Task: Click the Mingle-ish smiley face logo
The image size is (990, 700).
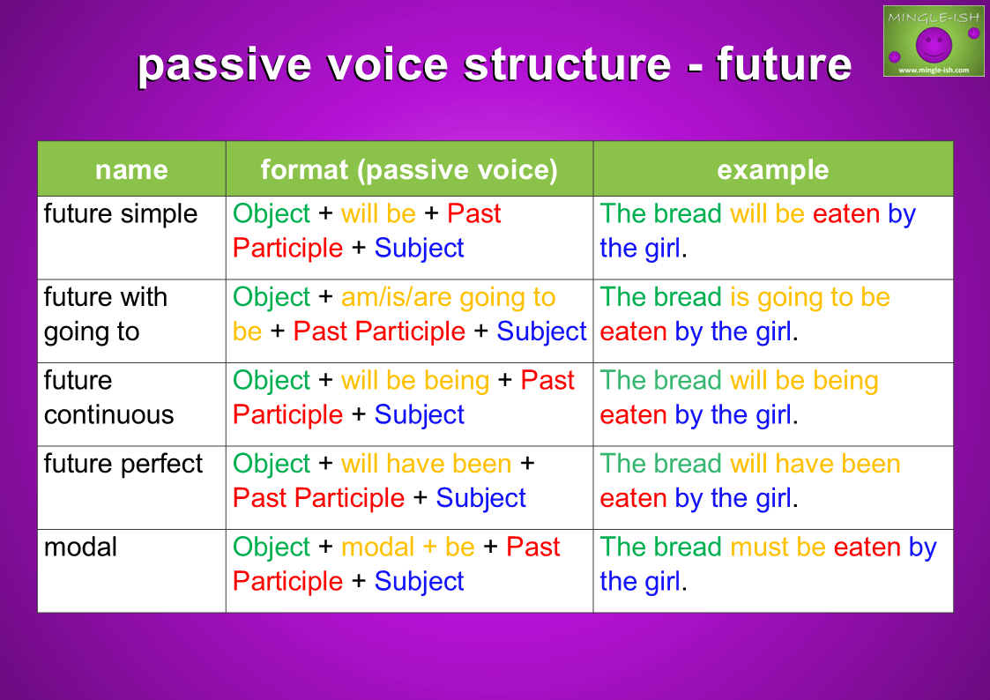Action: click(934, 41)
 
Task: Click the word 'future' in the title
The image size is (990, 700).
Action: click(784, 64)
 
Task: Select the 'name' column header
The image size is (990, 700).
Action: click(131, 170)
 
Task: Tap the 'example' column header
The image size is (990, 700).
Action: click(773, 170)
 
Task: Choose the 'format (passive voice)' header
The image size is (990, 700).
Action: click(409, 170)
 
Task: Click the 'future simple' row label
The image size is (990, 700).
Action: click(121, 214)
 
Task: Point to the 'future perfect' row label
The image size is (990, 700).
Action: click(123, 464)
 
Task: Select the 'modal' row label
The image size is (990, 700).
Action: click(80, 547)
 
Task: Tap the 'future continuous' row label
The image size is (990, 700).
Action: click(108, 398)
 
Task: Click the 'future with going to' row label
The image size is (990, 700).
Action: click(106, 315)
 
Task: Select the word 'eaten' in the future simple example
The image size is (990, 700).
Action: click(846, 214)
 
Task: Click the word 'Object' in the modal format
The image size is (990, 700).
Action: click(272, 547)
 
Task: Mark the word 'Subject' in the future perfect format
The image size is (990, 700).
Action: click(480, 498)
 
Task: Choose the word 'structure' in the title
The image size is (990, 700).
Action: click(568, 64)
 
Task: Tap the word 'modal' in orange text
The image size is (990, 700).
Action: click(377, 547)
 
